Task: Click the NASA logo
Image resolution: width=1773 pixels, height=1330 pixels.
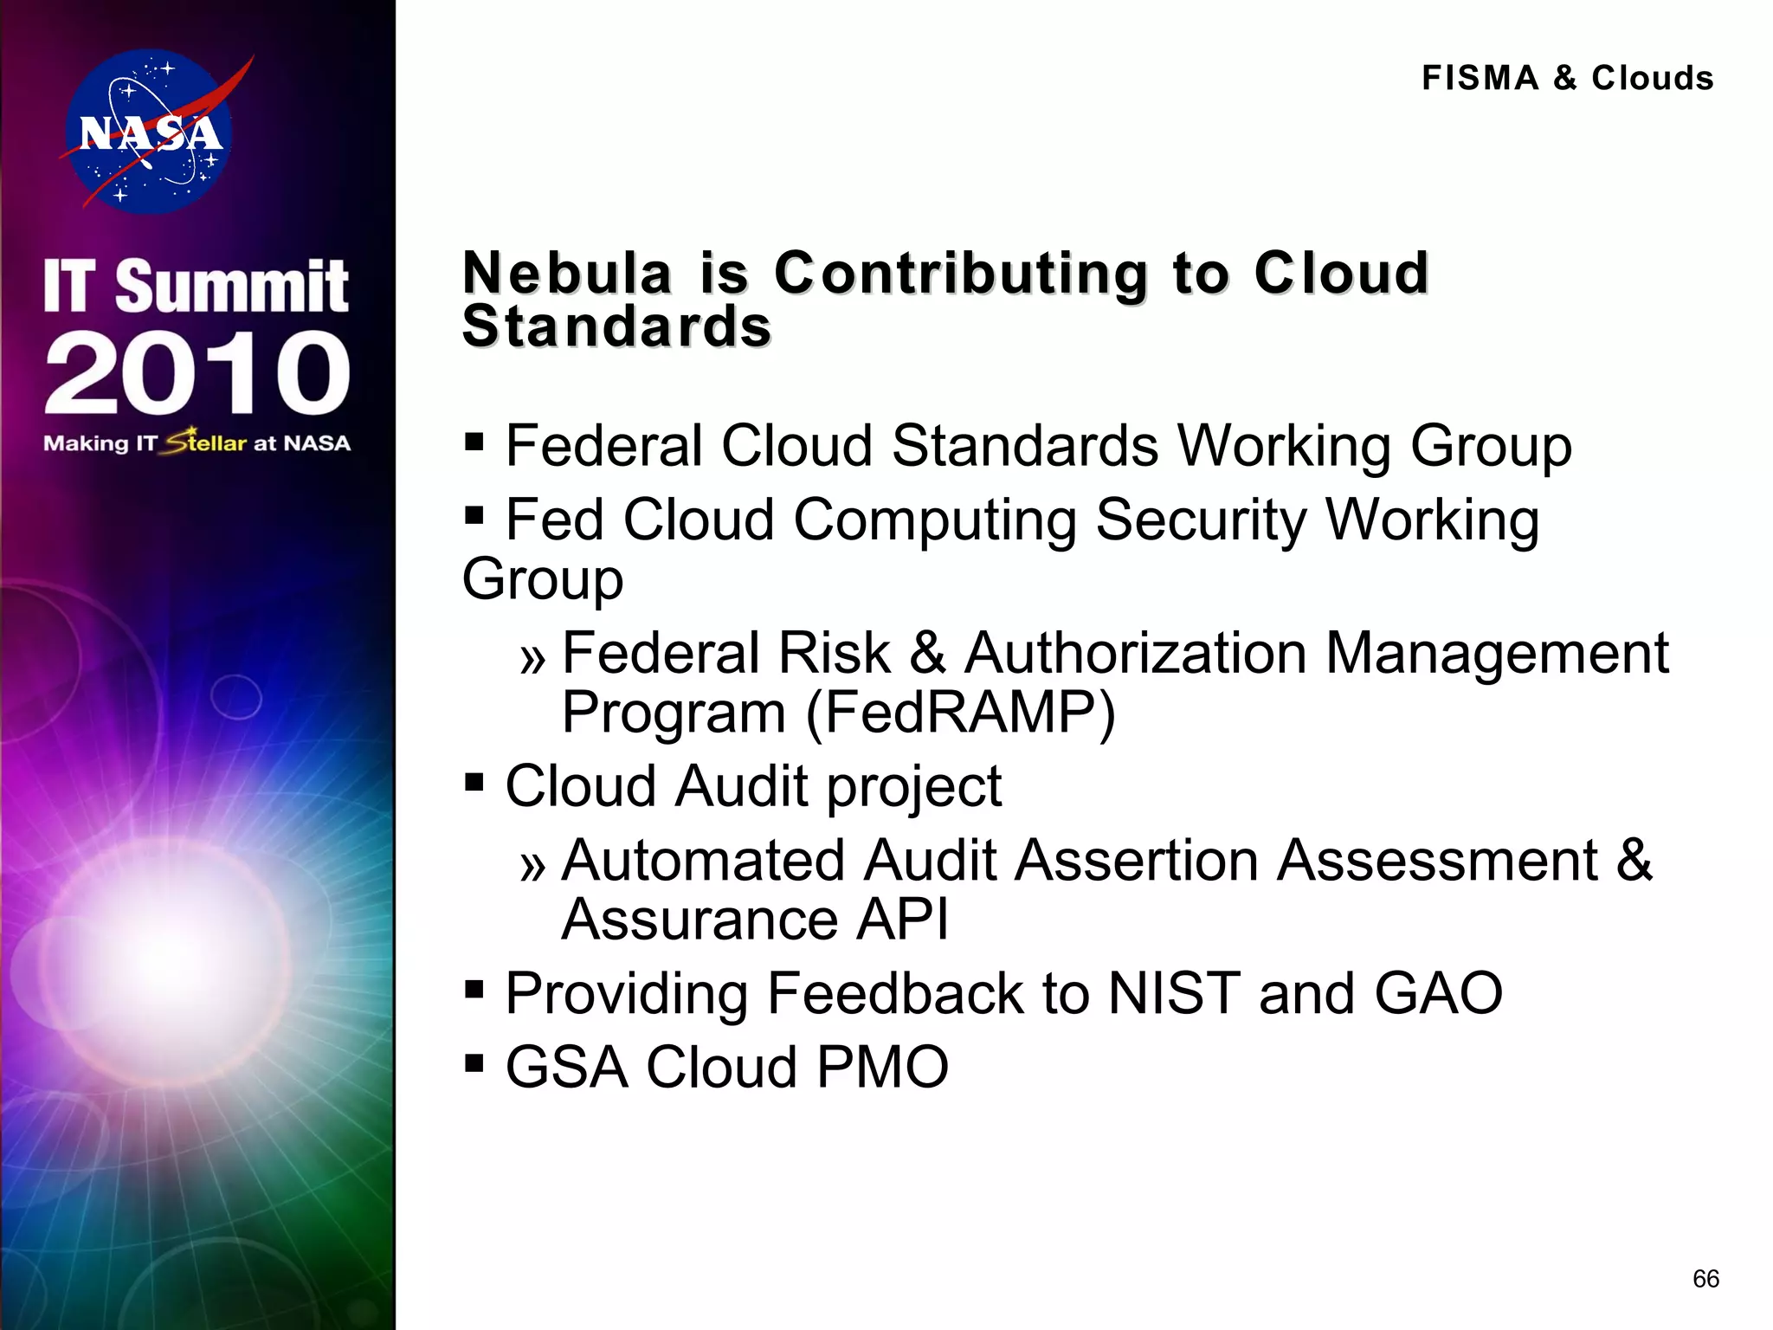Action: coord(149,132)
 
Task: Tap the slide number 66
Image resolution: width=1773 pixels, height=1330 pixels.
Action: coord(1705,1278)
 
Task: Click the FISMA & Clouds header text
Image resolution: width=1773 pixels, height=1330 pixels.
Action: coord(1567,78)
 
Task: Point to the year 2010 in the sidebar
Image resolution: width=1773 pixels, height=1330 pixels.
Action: coord(197,373)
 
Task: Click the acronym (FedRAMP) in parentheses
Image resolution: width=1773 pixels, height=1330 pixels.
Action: coord(961,713)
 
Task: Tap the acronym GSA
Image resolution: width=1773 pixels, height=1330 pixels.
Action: coord(566,1067)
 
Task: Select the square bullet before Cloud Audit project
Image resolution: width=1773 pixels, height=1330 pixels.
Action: coord(474,783)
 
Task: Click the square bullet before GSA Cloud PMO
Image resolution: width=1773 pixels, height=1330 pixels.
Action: coord(474,1062)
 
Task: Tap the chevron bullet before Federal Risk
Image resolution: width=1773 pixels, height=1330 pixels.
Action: coord(533,660)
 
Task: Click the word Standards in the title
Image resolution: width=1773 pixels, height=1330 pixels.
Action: coord(616,326)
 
